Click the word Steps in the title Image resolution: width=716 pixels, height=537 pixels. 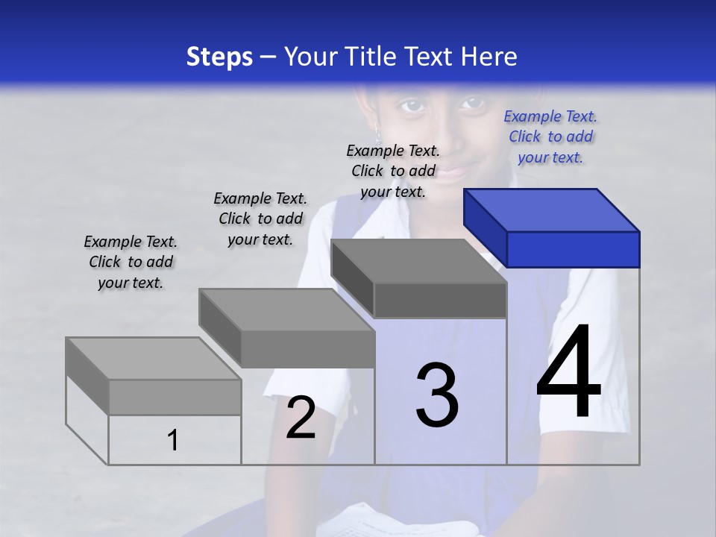219,57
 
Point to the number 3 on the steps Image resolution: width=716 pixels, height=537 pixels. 437,395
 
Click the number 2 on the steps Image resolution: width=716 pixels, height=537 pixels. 301,418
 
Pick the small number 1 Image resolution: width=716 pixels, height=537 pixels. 173,440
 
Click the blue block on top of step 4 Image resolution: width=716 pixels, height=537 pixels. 552,227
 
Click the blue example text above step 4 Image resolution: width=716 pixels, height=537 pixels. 550,136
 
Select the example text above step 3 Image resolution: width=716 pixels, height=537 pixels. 393,171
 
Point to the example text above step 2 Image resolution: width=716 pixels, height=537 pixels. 260,219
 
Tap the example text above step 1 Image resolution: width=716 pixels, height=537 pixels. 131,262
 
